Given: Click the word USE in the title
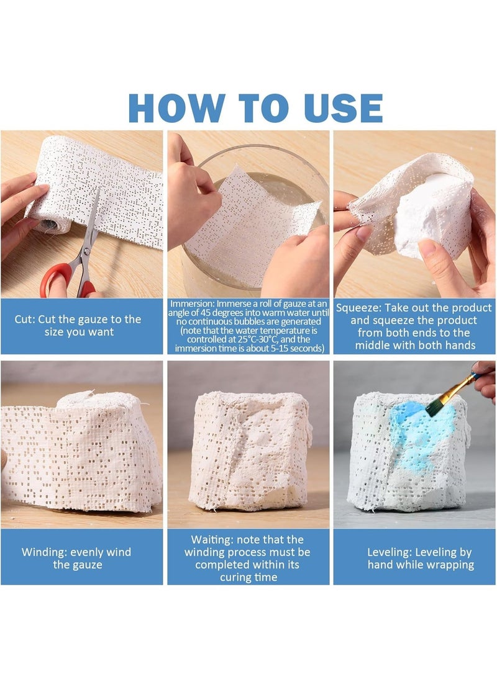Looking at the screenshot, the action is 344,107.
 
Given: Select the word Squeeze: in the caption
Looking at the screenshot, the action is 358,308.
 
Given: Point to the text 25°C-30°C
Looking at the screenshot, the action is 258,339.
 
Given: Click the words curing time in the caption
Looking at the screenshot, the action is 248,578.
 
